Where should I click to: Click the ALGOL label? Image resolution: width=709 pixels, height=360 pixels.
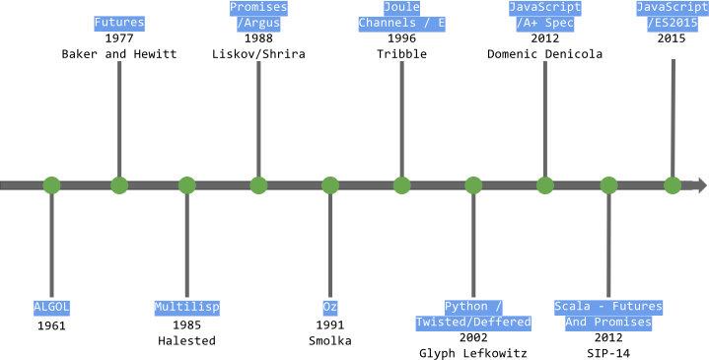coord(51,307)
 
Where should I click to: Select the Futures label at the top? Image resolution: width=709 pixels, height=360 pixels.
coord(119,23)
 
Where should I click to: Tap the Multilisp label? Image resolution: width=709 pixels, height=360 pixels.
coord(186,307)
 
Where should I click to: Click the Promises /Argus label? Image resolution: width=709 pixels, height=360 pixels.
coord(258,15)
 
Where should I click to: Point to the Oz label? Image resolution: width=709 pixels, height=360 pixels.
coord(330,307)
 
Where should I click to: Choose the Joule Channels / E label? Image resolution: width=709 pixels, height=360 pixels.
coord(401,15)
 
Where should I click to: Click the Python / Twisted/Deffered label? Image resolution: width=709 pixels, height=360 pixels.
coord(473,315)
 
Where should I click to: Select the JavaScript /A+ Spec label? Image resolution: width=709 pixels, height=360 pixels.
coord(544,15)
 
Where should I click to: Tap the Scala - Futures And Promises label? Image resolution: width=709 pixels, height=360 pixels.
coord(608,315)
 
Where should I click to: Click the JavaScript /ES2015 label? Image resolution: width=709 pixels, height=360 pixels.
coord(673,15)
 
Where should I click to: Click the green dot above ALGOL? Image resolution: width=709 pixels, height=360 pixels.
coord(51,185)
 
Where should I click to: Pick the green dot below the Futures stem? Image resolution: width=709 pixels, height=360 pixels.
coord(119,185)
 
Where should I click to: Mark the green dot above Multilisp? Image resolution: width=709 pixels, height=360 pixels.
coord(187,185)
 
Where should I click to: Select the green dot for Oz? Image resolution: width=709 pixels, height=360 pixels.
coord(330,185)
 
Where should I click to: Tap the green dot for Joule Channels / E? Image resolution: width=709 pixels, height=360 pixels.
coord(402,185)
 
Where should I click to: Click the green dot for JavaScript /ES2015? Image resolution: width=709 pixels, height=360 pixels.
coord(673,185)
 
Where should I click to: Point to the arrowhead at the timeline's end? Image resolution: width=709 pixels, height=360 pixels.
coord(702,185)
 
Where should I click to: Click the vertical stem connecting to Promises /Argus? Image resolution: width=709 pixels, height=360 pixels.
coord(258,118)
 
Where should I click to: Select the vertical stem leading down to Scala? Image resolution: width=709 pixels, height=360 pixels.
coord(608,247)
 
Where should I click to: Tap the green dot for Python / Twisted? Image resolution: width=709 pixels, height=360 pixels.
coord(473,185)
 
